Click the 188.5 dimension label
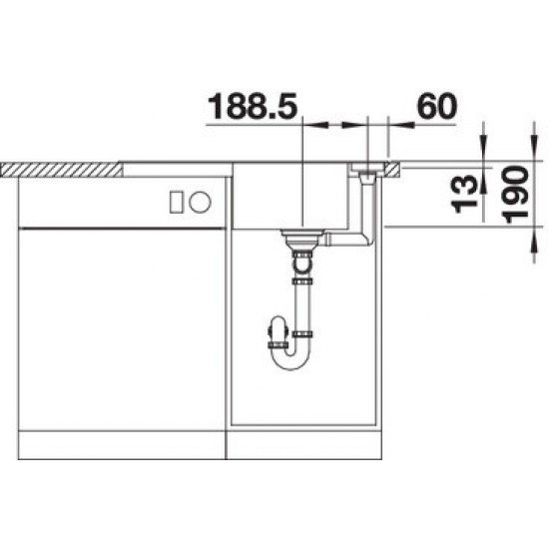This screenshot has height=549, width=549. [x=253, y=105]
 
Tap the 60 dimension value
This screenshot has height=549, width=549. [x=437, y=106]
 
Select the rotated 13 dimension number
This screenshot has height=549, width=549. [x=465, y=194]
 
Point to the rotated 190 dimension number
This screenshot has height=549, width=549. [x=515, y=195]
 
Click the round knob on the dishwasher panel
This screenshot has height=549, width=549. [x=200, y=202]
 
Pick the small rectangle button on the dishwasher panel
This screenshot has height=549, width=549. [x=176, y=202]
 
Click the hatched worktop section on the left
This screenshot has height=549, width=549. [x=62, y=170]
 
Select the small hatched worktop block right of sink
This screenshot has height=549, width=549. [x=393, y=169]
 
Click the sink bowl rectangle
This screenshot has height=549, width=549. [x=290, y=197]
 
